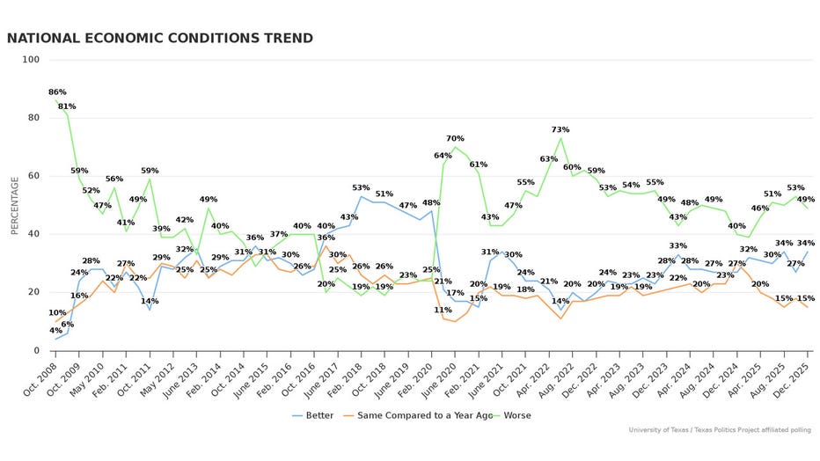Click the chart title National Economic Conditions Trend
160,39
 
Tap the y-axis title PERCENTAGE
14,205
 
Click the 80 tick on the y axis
33,118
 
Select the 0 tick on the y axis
36,350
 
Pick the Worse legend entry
512,415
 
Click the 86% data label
57,92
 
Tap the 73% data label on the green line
560,130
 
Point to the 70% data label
455,139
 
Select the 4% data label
55,331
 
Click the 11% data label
443,310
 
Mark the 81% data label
67,106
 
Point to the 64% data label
443,156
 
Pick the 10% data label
57,313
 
